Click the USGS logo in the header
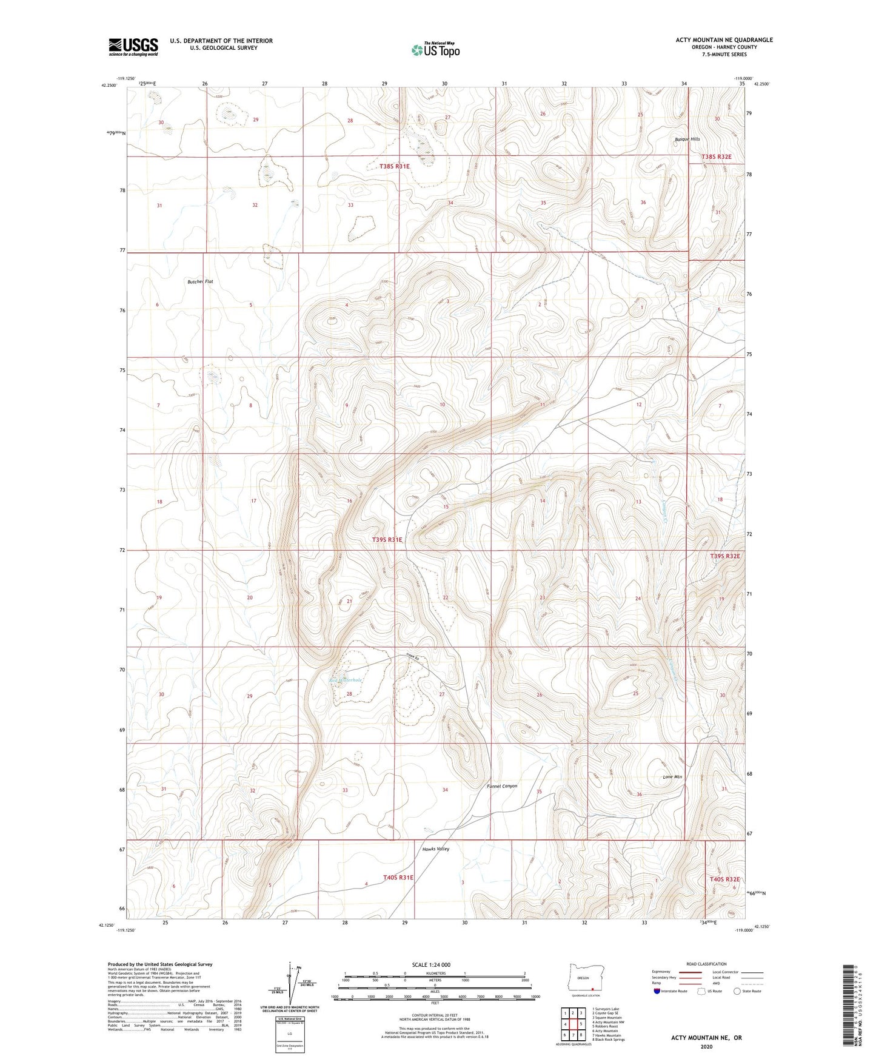coord(133,47)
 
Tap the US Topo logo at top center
coord(435,50)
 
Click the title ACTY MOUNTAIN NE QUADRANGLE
coord(724,40)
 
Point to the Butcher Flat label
coord(200,281)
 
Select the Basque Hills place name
coord(687,139)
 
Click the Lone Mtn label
coord(672,776)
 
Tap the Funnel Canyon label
coord(502,786)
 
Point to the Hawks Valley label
coord(435,849)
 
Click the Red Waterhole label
coord(346,680)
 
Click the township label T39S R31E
coord(387,539)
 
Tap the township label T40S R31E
coord(398,877)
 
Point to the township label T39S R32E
coord(725,556)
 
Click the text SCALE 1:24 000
coord(431,964)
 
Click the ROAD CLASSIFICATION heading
coord(706,964)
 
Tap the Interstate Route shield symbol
coord(657,991)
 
